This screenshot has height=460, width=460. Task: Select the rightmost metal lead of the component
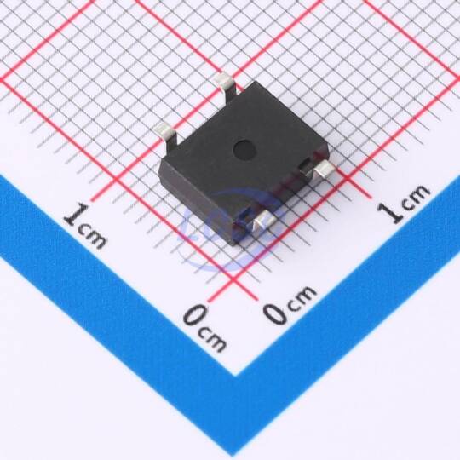(325, 170)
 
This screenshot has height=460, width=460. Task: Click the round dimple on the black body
(244, 149)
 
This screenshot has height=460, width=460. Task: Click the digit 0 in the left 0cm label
(196, 315)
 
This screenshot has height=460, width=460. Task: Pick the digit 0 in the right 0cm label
(275, 313)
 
